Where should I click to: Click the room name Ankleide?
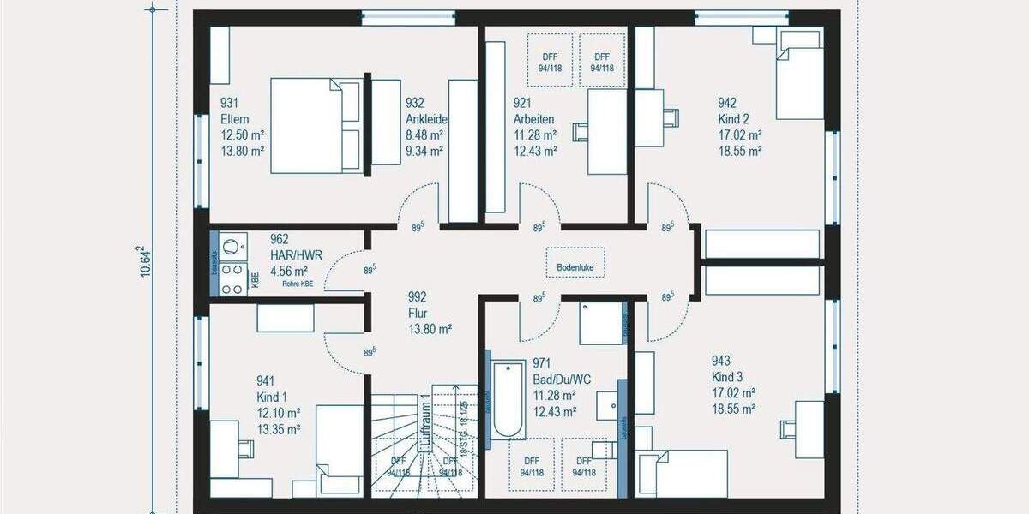[426, 119]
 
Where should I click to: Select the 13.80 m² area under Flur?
[430, 328]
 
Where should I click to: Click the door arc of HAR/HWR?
[348, 271]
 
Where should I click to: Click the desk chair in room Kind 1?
[245, 448]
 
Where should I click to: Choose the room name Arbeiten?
[533, 119]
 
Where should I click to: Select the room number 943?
[720, 361]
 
